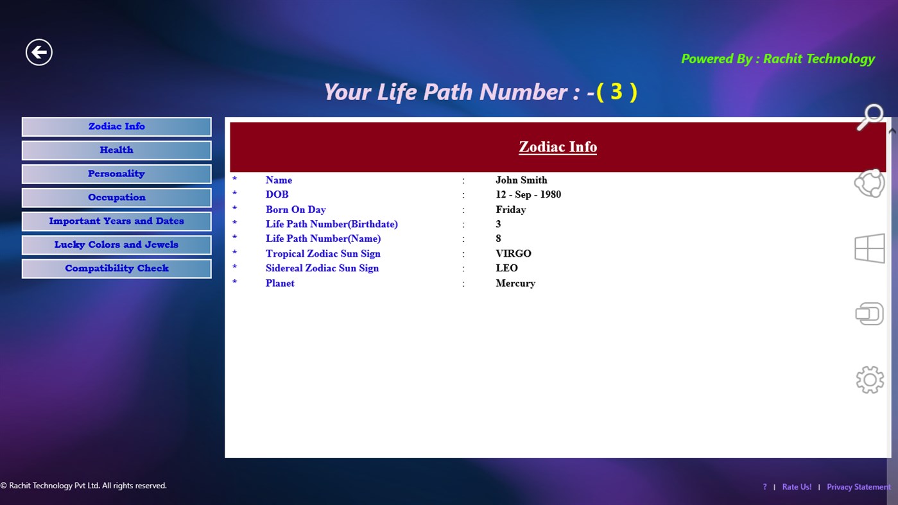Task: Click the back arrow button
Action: point(39,52)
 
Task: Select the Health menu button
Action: point(116,150)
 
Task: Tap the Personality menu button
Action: point(116,174)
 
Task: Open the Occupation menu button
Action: point(116,198)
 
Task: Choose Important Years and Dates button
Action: point(116,221)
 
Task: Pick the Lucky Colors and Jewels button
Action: point(116,245)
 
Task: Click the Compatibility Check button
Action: point(116,269)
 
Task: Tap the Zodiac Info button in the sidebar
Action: point(116,126)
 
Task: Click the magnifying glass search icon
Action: point(870,117)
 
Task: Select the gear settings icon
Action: point(870,380)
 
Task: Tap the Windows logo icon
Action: point(870,248)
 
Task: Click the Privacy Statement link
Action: point(858,487)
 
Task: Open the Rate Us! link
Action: point(797,487)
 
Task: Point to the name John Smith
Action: point(521,180)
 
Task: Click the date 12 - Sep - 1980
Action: point(528,194)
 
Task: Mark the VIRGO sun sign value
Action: point(514,253)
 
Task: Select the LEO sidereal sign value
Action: point(506,268)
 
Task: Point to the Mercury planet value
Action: point(515,283)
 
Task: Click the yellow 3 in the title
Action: point(616,92)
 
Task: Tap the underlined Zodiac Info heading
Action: point(558,147)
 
